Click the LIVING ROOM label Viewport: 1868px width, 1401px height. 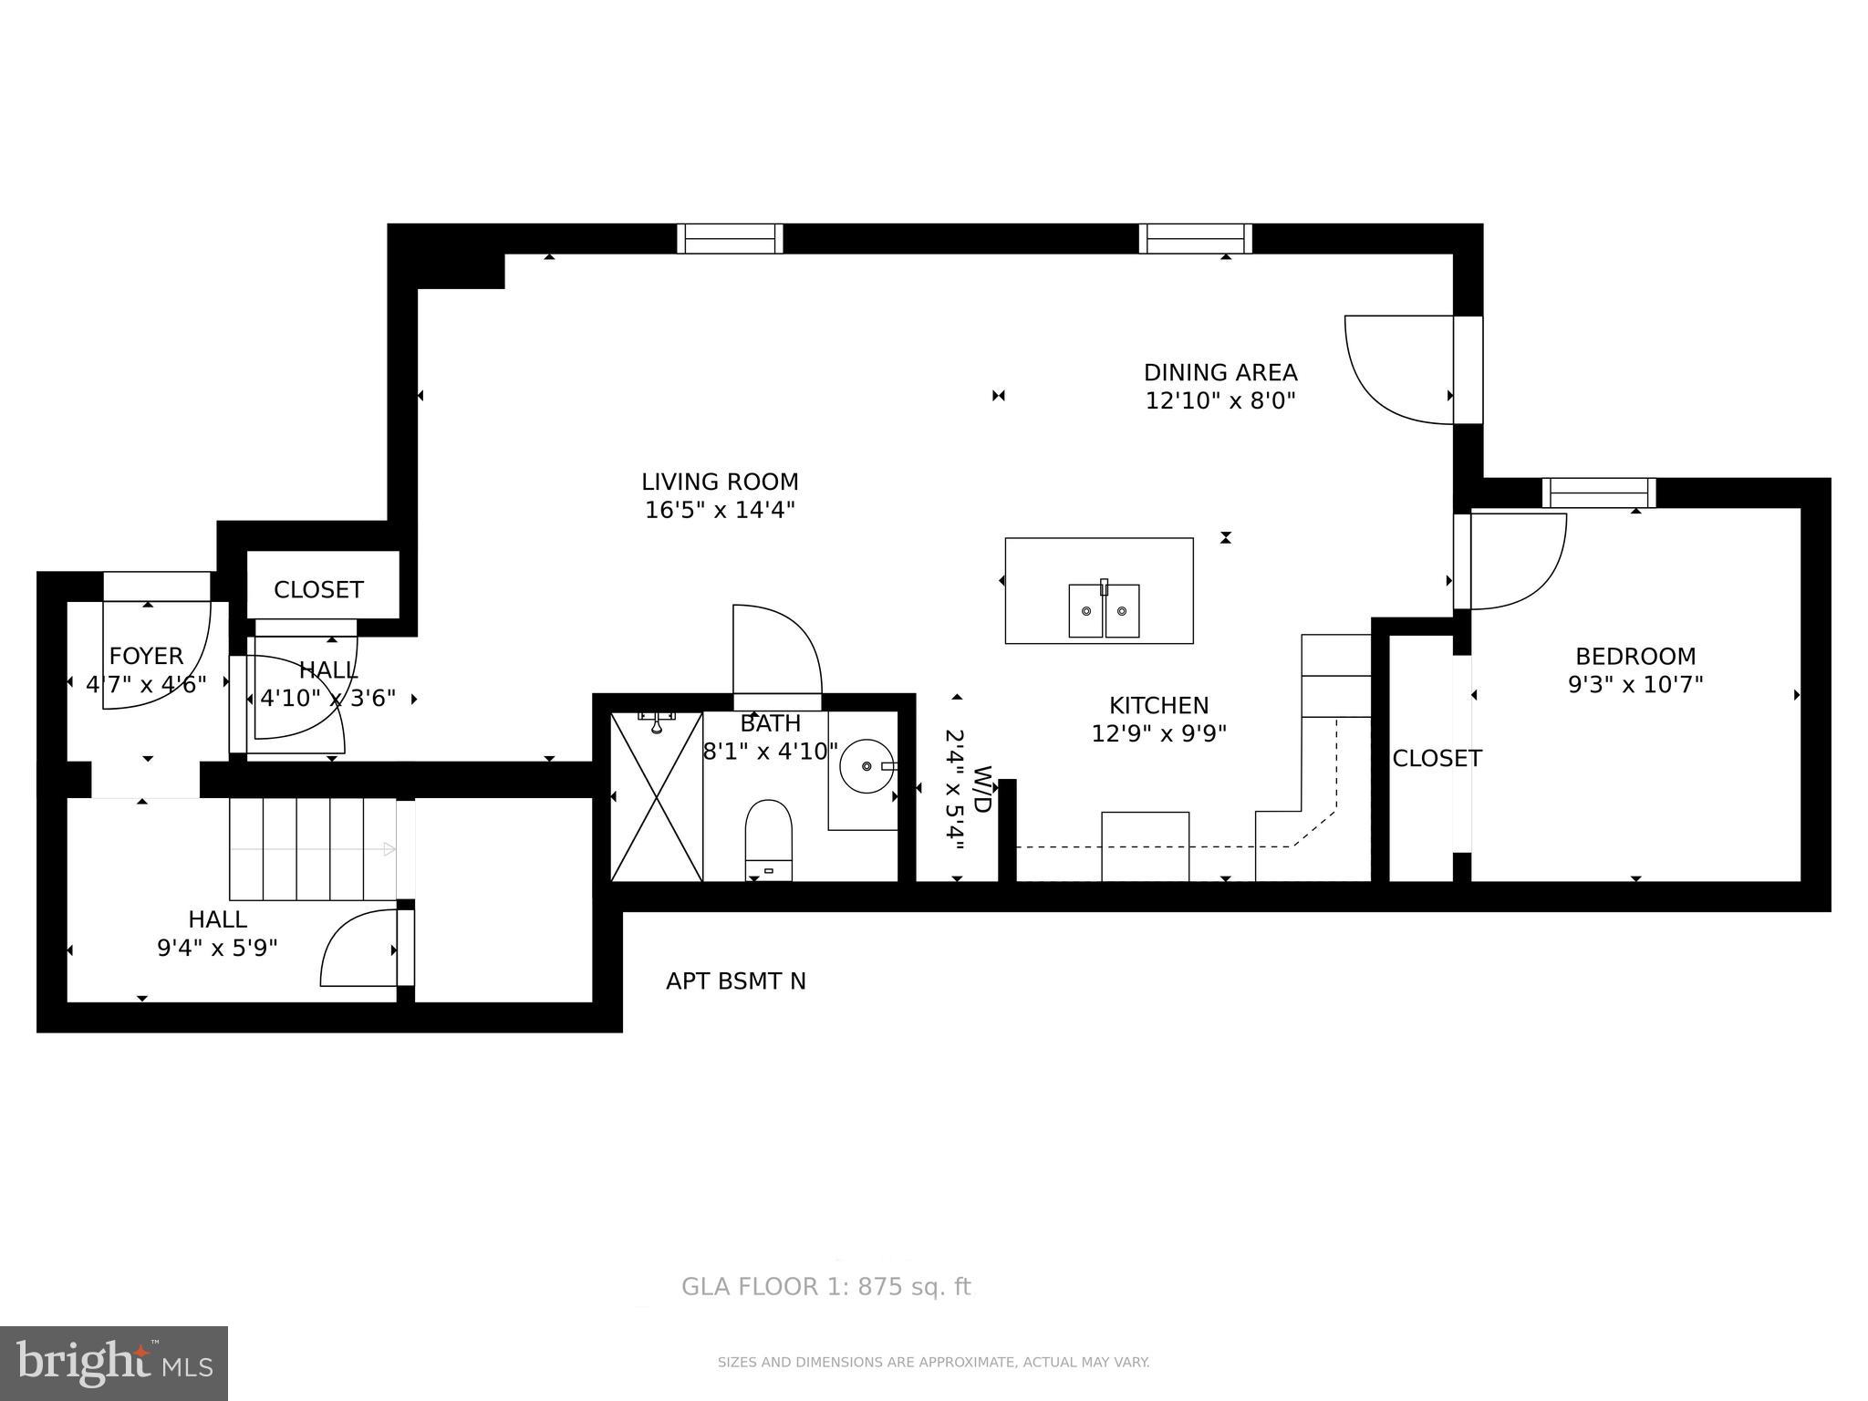[x=719, y=482]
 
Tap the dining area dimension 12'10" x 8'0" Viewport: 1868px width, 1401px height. [x=1219, y=400]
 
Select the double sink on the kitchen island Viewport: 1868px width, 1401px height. [x=1104, y=610]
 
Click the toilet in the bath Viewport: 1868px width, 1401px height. [x=768, y=837]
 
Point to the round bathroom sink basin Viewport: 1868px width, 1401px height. [x=866, y=766]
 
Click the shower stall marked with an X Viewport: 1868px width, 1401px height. [x=656, y=796]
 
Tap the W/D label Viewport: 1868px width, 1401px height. [x=982, y=790]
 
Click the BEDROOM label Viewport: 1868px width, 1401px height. [x=1635, y=656]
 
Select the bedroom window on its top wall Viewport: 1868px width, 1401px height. [x=1598, y=493]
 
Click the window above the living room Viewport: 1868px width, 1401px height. [x=730, y=239]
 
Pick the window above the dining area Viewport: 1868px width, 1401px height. [x=1195, y=239]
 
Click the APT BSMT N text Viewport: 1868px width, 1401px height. [x=735, y=981]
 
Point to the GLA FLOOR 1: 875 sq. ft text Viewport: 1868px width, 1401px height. [x=825, y=1287]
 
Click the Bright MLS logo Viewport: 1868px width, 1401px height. [x=114, y=1363]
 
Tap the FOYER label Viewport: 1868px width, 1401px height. [x=146, y=656]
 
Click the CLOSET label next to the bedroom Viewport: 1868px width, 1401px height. [x=1436, y=758]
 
